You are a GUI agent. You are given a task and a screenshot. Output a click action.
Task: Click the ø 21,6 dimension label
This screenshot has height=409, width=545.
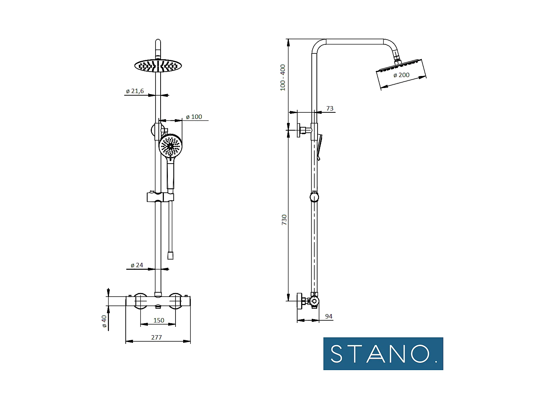coord(135,91)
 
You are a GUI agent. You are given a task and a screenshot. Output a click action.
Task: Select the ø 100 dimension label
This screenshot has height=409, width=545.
coord(194,117)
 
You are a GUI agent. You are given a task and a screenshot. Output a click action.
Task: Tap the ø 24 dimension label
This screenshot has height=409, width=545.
coord(137,265)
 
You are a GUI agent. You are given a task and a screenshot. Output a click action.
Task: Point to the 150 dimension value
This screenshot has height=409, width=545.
coord(159,320)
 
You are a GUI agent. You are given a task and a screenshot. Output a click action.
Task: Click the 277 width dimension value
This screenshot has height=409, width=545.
coord(157,337)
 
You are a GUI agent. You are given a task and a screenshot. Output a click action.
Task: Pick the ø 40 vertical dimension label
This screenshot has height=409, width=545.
coord(104,321)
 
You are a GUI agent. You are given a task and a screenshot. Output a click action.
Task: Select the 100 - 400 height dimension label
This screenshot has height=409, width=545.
coord(283,77)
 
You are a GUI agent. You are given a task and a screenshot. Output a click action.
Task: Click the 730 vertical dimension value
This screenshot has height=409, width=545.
coord(284,220)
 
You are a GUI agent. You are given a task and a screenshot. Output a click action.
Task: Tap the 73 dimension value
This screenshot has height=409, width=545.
coord(330,108)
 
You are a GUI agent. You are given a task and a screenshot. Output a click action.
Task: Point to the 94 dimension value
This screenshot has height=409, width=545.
coord(328,316)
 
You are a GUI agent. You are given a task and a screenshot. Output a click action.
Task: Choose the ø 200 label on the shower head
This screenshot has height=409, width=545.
coord(401,75)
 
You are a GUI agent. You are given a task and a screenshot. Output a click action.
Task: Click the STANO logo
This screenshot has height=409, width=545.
coord(383,354)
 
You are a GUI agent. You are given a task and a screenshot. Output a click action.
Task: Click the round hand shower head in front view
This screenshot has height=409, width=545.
coord(170,146)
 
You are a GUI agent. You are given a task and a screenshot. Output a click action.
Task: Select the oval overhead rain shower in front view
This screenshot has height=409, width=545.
coord(158,66)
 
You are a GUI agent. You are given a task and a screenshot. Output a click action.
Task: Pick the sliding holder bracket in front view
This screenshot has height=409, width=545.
coord(160,197)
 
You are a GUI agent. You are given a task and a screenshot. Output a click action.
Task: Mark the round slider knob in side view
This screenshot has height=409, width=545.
coord(314,197)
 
